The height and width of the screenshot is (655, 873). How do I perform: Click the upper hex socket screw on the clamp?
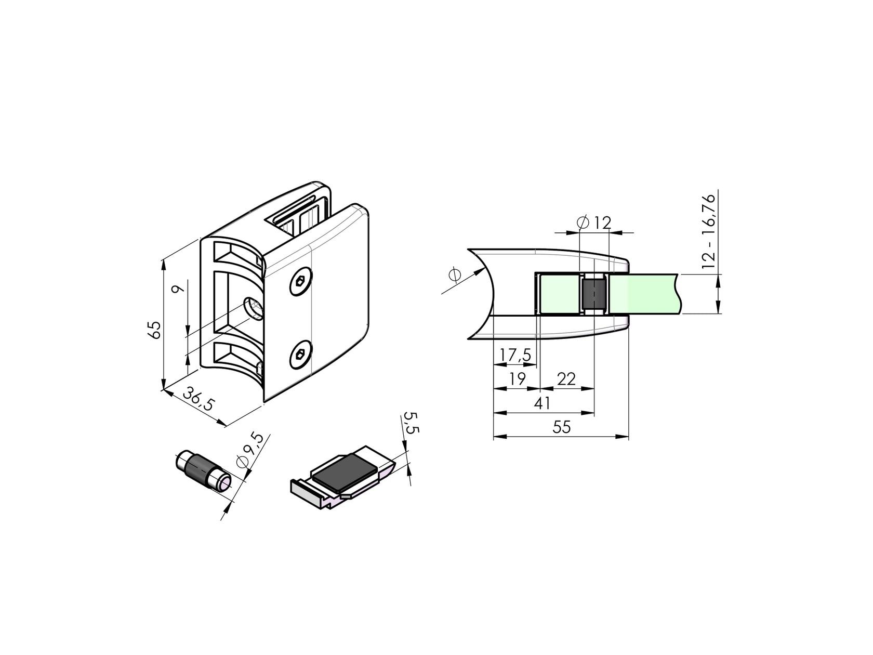click(300, 283)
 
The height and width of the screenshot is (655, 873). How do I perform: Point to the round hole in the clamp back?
click(254, 309)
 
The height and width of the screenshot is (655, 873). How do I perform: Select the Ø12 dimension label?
click(594, 222)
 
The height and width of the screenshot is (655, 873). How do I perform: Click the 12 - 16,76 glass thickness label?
click(708, 231)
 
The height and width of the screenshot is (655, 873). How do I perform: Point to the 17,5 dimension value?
click(515, 355)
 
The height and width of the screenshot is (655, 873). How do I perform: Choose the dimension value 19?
click(517, 379)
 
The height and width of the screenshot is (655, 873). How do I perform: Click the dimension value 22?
click(566, 379)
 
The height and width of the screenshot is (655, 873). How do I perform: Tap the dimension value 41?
click(542, 403)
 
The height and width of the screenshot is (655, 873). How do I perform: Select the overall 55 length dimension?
click(561, 427)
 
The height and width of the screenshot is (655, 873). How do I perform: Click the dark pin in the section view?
click(594, 294)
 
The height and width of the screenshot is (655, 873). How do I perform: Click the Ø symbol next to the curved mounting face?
click(454, 275)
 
